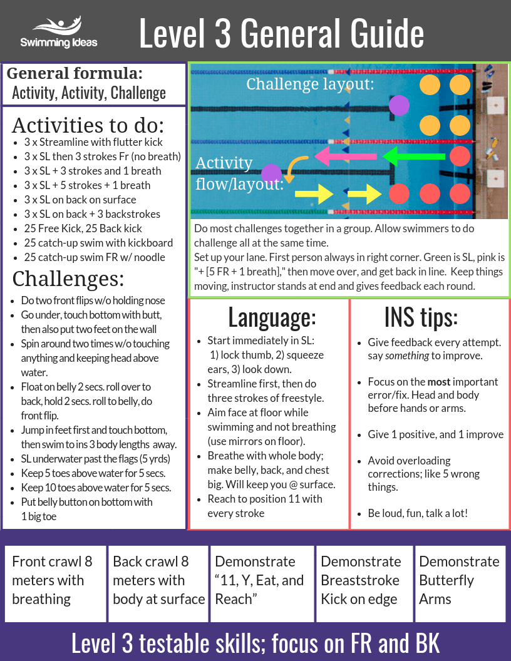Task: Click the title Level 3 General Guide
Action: (281, 33)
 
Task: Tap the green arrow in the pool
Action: (413, 156)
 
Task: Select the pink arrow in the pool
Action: (346, 156)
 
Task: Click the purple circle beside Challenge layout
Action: (399, 105)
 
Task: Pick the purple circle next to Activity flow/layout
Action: (271, 174)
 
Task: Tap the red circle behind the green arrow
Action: (460, 156)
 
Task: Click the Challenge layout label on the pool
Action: (310, 84)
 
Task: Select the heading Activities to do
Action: (88, 125)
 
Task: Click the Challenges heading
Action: (68, 278)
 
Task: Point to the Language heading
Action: (272, 317)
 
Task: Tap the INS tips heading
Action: (421, 317)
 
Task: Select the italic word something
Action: (407, 356)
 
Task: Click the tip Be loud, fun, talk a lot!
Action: (418, 513)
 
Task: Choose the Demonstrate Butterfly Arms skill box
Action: (460, 584)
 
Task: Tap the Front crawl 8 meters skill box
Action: (55, 584)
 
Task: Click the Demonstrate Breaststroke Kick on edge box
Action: (364, 584)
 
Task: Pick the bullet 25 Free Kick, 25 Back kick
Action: (83, 228)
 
